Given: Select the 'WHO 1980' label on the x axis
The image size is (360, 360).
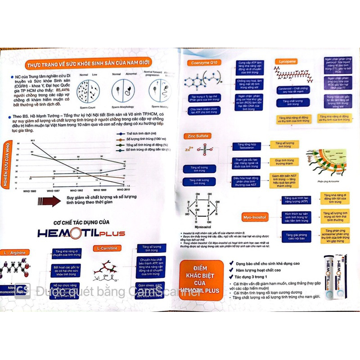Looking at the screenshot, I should coord(30,191).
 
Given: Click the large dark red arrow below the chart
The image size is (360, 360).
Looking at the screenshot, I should coord(49,201).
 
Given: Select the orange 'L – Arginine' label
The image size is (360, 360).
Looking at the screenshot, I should coord(15,252).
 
